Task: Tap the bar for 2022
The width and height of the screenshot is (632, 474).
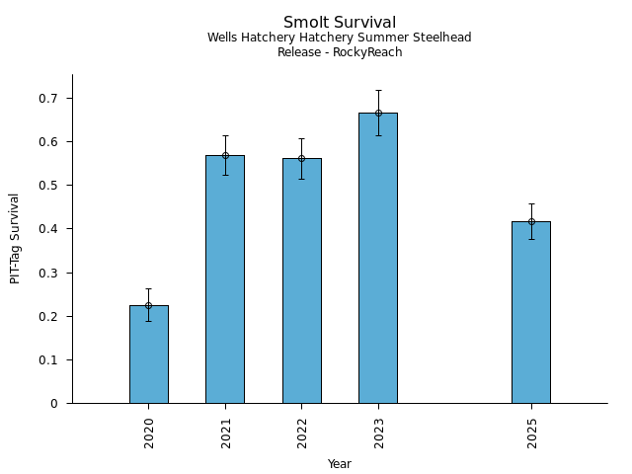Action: (x=301, y=280)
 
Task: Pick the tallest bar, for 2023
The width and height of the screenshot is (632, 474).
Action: (x=378, y=258)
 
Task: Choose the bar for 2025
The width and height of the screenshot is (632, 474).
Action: (x=531, y=312)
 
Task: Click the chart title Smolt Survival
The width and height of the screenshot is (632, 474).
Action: (x=340, y=23)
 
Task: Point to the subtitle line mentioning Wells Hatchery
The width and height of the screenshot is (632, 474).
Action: (x=340, y=38)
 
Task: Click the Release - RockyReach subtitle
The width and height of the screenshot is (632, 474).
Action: (x=340, y=52)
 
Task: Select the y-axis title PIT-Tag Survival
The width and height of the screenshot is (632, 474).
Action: (x=15, y=238)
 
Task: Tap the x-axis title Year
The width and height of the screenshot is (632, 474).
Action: (x=340, y=464)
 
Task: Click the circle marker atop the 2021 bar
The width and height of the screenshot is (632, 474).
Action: (x=225, y=155)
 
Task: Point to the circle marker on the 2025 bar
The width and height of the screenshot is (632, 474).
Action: (x=531, y=221)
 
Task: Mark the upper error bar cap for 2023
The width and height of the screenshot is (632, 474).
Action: (x=378, y=91)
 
